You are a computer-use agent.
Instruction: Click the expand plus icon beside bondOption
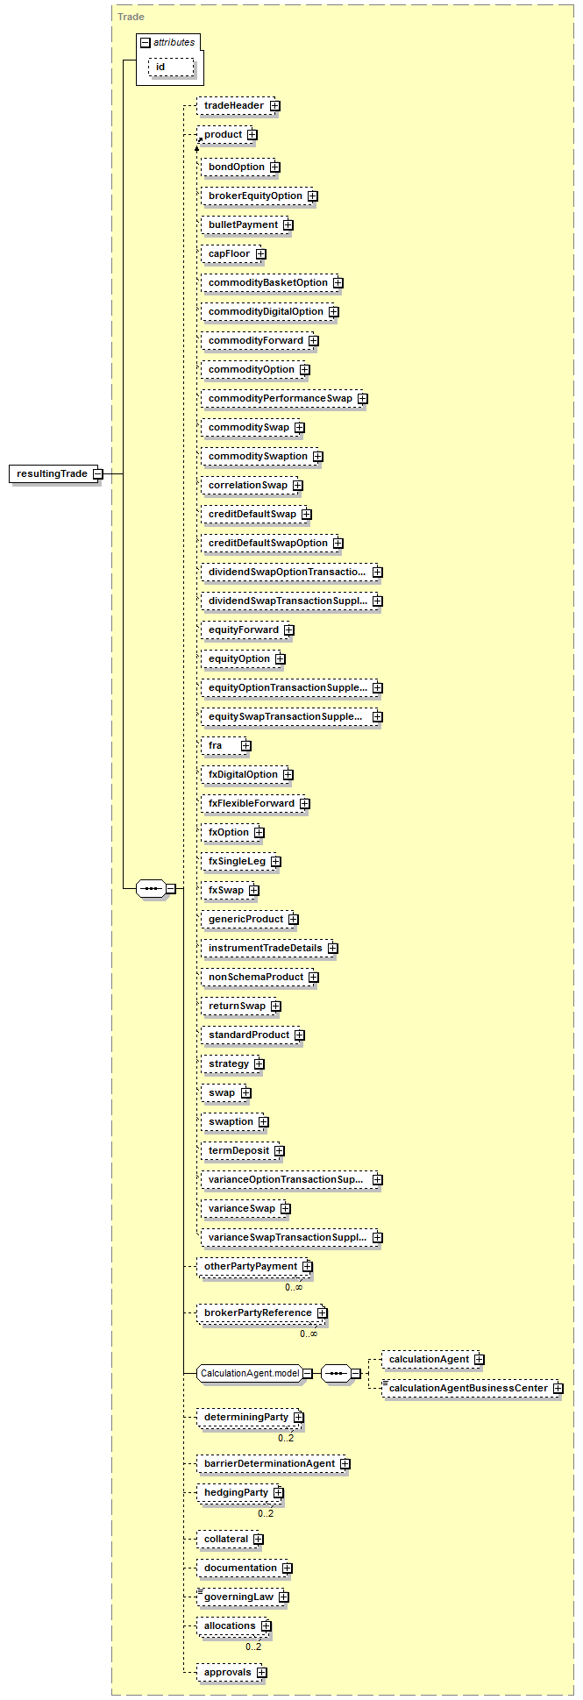(274, 167)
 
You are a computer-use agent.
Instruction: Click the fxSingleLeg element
(241, 862)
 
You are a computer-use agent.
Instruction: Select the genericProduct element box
(250, 920)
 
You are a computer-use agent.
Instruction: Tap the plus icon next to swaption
(263, 1122)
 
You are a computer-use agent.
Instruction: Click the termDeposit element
(243, 1151)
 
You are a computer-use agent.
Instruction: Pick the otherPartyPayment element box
(254, 1267)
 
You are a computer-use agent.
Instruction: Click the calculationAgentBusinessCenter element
(473, 1389)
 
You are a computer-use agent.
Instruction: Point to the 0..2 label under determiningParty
(286, 1438)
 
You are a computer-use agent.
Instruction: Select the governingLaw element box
(243, 1597)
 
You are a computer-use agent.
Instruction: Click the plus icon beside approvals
(261, 1673)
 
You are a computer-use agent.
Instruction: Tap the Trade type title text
(132, 17)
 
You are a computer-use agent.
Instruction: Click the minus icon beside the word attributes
(146, 42)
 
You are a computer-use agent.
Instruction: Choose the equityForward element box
(247, 630)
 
